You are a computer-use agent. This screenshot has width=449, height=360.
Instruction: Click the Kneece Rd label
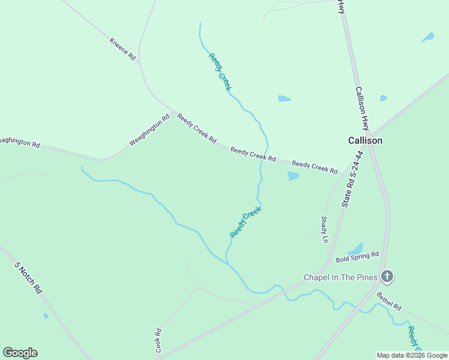pos(123,49)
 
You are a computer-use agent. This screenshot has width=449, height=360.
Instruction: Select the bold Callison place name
pos(365,140)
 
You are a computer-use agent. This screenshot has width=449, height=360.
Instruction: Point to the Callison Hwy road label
pos(362,109)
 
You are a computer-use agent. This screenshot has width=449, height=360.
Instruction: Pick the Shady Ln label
pos(325,229)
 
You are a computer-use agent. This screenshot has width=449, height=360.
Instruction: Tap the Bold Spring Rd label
pos(357,257)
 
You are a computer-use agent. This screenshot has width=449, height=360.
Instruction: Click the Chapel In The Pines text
pos(340,277)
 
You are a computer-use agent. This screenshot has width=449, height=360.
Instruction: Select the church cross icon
pos(387,276)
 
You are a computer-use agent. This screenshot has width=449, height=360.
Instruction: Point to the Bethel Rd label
pos(389,301)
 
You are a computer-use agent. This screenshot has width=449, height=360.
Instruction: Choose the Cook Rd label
pos(158,340)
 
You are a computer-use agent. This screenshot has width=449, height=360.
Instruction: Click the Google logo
pos(20,352)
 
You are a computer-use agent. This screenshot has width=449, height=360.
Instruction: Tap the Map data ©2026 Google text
pos(412,355)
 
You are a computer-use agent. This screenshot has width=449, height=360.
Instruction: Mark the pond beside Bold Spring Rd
pos(356,248)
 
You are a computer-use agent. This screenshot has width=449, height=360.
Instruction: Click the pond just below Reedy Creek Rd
pos(293,176)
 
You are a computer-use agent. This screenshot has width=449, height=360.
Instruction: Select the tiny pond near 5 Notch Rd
pos(46,316)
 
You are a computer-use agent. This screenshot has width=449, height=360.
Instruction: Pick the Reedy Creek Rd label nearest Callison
pos(315,167)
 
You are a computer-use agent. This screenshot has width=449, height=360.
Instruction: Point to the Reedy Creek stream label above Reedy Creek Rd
pos(220,72)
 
